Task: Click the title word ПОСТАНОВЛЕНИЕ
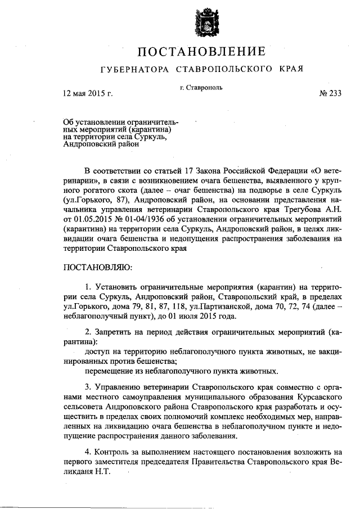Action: pyautogui.click(x=202, y=52)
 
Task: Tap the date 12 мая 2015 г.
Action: pyautogui.click(x=88, y=93)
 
